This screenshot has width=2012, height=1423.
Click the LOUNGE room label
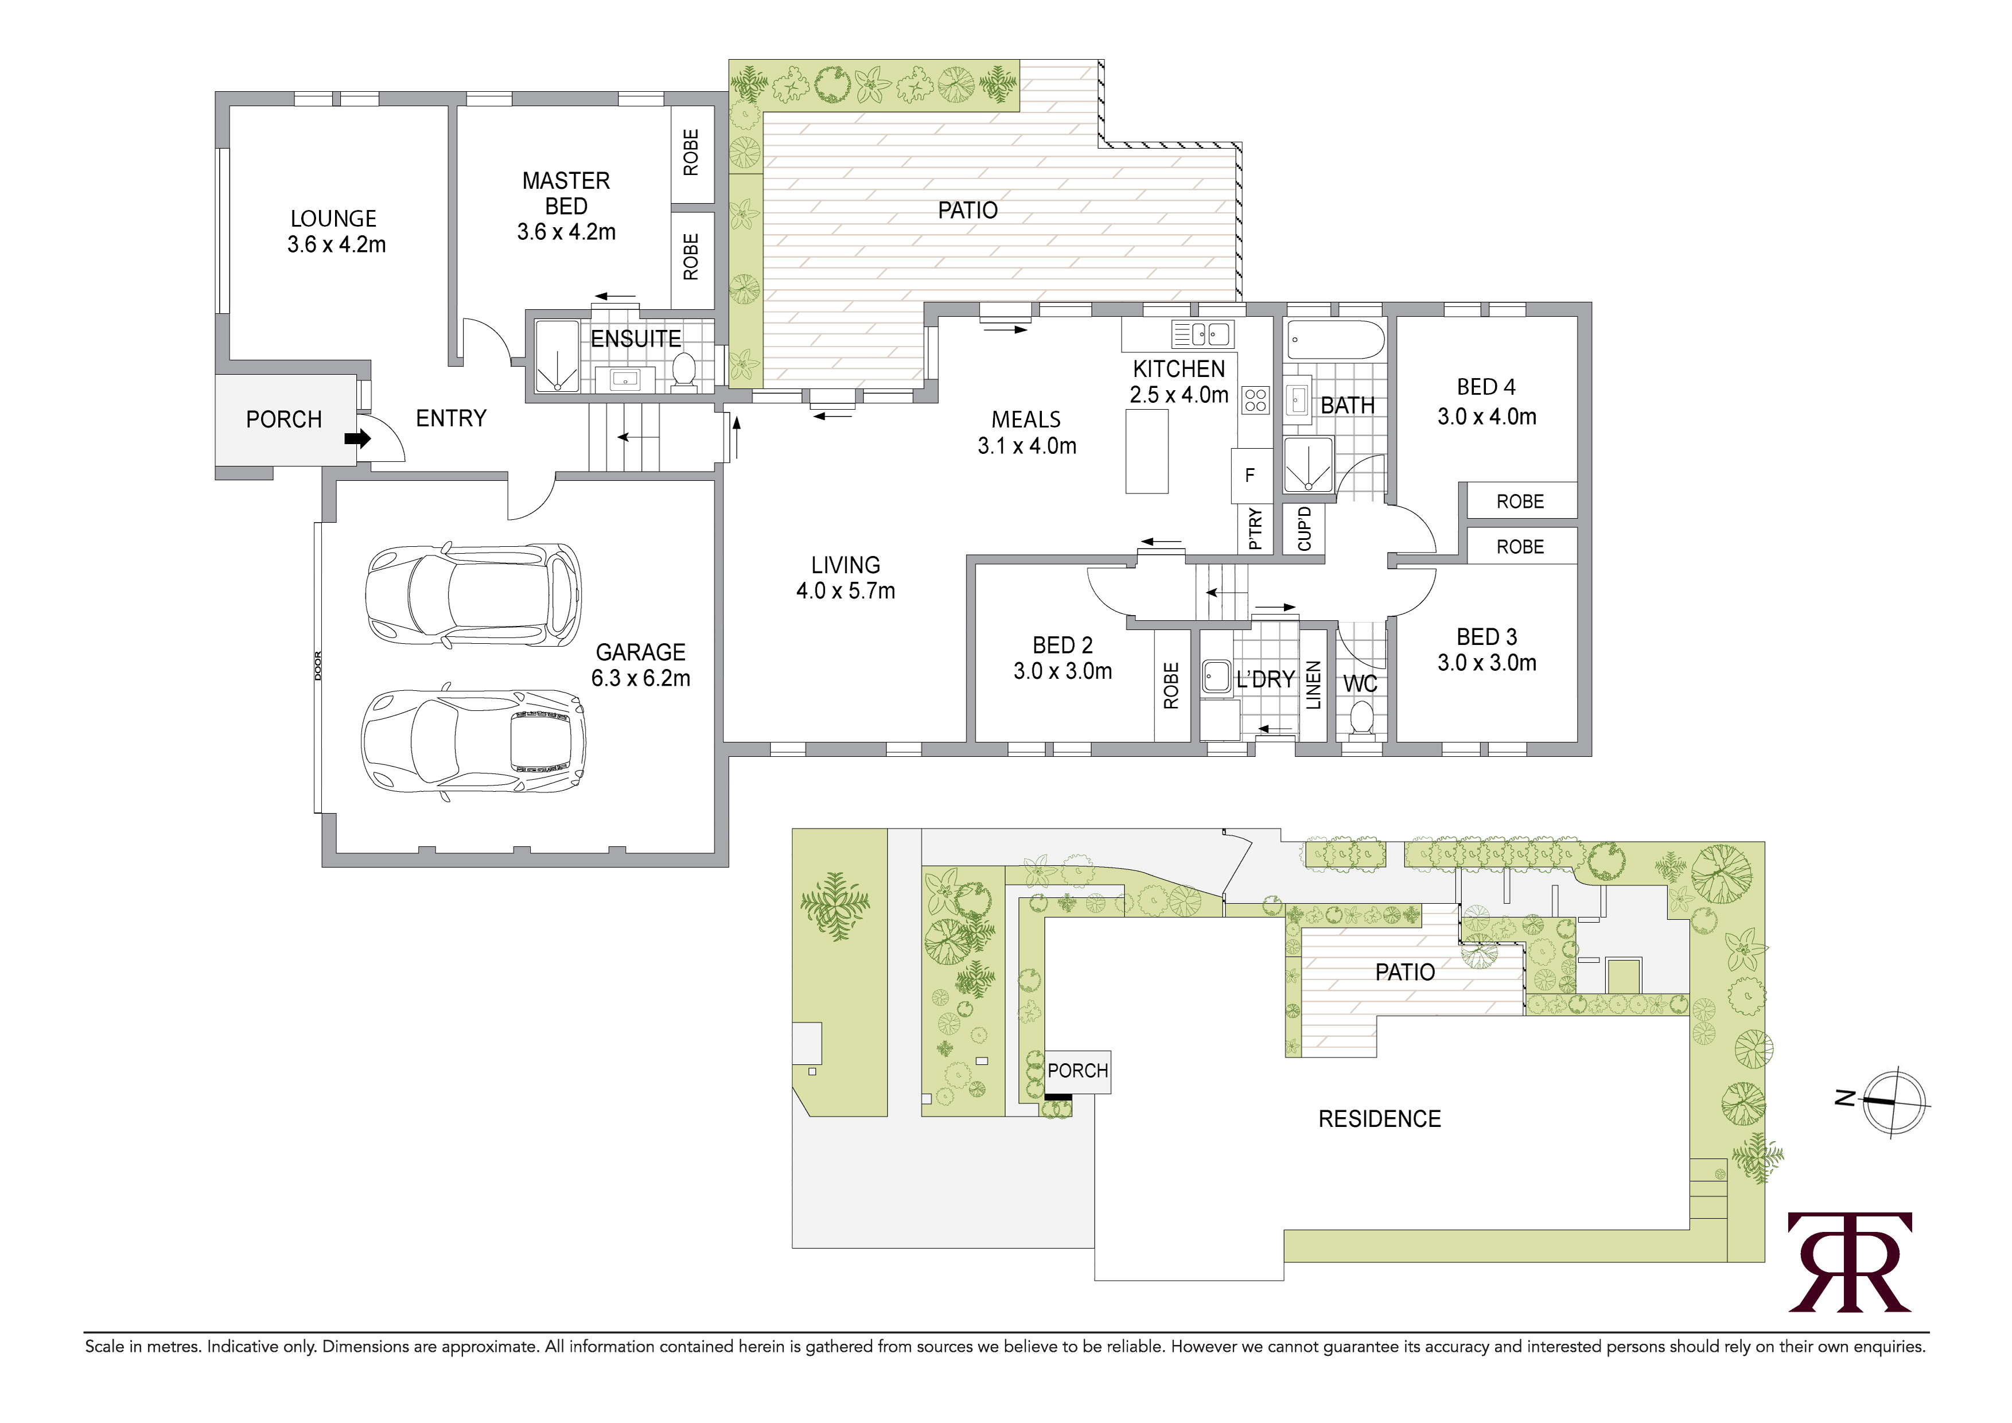[334, 218]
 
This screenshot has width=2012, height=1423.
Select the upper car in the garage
[473, 595]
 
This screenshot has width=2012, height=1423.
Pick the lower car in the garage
[473, 742]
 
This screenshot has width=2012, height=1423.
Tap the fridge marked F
[1251, 475]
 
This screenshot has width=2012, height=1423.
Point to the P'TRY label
[1255, 529]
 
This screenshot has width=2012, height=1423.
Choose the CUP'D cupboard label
[1305, 528]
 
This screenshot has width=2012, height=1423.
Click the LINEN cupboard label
[1313, 685]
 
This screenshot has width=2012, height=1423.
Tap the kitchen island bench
[1147, 451]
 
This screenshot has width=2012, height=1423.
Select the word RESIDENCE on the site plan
[1379, 1119]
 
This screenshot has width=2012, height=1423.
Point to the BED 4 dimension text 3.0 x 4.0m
[1487, 417]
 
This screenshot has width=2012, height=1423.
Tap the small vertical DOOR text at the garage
[318, 666]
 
